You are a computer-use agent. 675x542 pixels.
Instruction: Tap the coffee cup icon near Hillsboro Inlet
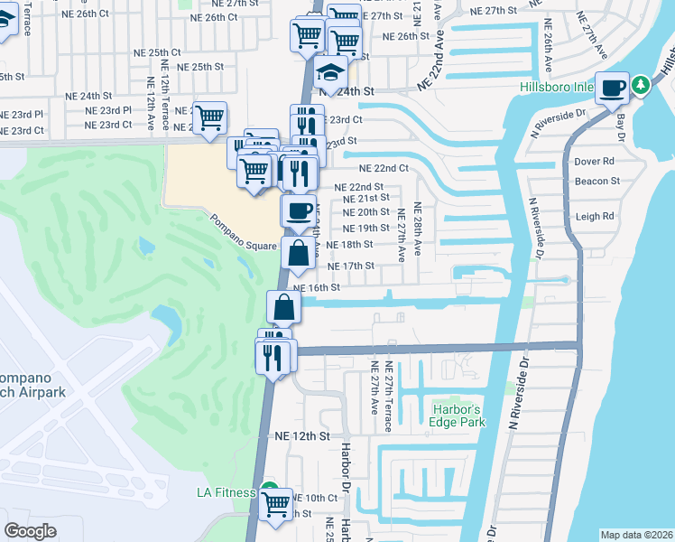point(613,89)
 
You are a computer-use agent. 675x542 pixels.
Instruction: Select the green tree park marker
point(641,86)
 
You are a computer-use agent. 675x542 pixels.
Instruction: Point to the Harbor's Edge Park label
point(458,415)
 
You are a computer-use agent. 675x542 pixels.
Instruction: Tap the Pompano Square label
point(243,233)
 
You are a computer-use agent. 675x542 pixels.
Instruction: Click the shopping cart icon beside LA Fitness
point(276,503)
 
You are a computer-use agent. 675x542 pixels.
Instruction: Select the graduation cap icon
point(331,73)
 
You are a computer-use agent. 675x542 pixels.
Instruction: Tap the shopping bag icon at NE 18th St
point(298,253)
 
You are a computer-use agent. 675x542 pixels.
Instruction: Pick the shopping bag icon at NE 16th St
point(283,308)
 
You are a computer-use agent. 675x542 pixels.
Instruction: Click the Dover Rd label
point(594,162)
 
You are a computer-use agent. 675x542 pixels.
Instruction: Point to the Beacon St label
point(596,181)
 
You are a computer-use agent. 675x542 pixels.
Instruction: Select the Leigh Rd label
point(595,217)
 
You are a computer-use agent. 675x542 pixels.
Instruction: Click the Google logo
point(31,531)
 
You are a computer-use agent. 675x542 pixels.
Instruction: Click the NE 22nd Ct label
point(384,168)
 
